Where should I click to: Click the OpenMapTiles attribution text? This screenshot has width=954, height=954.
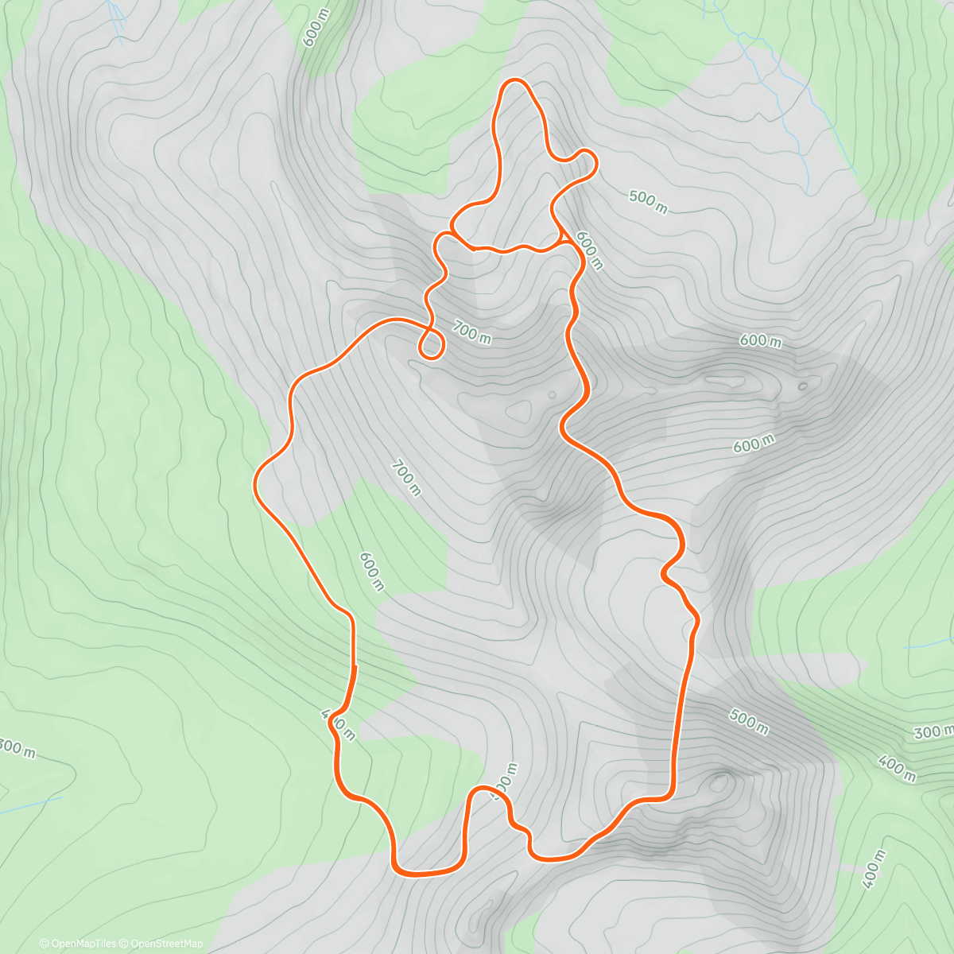pos(83,944)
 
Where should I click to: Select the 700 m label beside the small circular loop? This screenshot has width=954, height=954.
pos(471,332)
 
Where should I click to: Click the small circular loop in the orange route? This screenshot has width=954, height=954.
pos(431,344)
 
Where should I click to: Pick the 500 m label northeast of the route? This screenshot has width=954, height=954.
pos(648,201)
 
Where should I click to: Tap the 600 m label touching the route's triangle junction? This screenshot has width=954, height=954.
pos(589,250)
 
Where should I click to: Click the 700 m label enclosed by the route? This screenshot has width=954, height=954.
pos(405,477)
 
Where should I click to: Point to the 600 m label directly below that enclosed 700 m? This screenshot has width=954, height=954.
pos(371,572)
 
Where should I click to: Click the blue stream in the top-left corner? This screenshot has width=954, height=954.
pos(117,20)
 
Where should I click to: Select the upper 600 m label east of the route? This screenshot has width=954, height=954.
pos(760,341)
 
